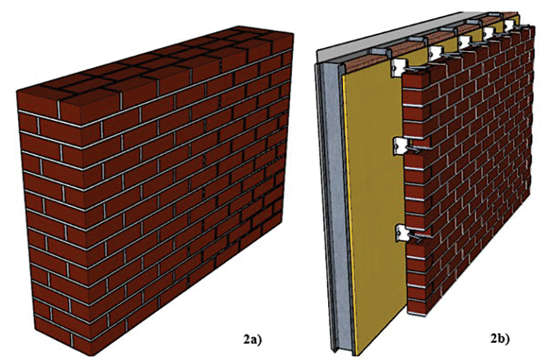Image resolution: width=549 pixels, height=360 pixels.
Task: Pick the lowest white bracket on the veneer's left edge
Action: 404,233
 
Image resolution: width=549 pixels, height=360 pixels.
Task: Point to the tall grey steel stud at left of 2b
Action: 330,200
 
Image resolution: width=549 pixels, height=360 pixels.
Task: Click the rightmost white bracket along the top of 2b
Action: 510,26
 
